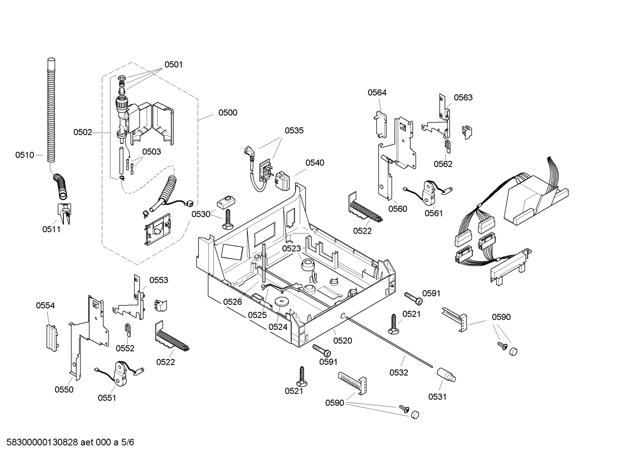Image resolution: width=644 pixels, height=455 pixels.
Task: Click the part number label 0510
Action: click(25, 155)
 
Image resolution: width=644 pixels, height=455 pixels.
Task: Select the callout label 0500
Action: click(227, 113)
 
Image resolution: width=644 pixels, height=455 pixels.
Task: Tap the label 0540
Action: click(315, 163)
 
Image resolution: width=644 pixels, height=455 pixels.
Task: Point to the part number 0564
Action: click(377, 92)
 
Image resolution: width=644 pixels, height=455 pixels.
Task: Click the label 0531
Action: click(437, 397)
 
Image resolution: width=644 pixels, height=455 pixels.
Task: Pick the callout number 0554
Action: click(46, 305)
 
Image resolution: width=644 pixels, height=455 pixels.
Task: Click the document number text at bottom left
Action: click(67, 442)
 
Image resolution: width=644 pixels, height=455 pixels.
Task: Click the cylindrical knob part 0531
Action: click(446, 374)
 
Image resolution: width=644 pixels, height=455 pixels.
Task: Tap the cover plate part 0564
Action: click(380, 123)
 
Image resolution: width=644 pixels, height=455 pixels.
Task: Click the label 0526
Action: click(232, 302)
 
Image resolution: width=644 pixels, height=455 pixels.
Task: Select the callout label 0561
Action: click(433, 213)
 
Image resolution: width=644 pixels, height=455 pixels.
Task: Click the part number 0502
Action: click(83, 132)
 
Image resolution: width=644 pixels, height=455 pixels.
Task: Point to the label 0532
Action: click(398, 372)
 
